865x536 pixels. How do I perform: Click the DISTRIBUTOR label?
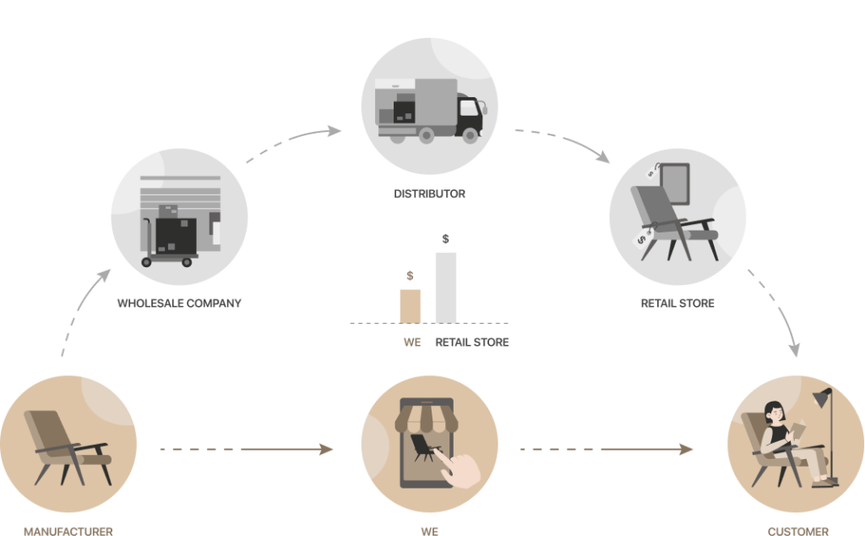click(428, 194)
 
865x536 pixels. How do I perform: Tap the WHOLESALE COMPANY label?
click(179, 303)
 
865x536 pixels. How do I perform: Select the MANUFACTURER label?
click(68, 530)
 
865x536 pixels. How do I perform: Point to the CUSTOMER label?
click(798, 530)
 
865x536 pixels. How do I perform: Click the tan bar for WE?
click(411, 305)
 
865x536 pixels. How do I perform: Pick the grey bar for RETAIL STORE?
click(445, 287)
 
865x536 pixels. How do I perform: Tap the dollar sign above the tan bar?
click(411, 276)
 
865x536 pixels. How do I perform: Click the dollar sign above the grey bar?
click(445, 239)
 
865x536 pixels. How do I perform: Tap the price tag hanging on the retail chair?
click(646, 239)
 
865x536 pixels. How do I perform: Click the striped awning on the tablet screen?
click(429, 415)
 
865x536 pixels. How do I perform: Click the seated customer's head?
click(773, 413)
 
